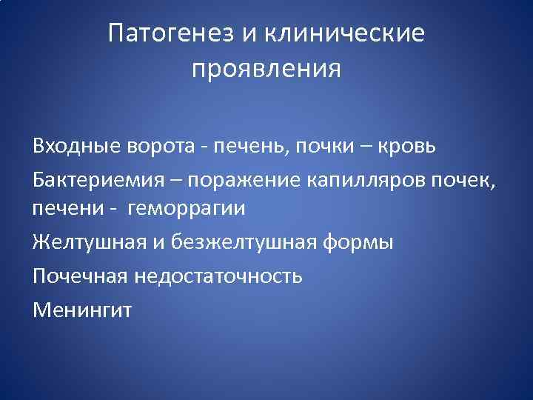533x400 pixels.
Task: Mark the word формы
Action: pyautogui.click(x=363, y=243)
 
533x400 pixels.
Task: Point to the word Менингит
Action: pyautogui.click(x=82, y=310)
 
